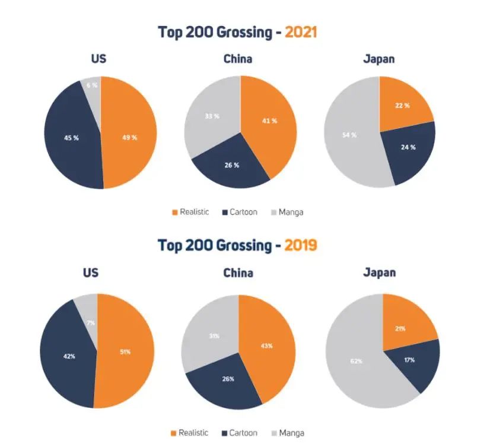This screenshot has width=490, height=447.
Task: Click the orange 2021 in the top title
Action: [x=301, y=32]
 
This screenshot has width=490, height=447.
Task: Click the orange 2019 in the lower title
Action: [x=300, y=245]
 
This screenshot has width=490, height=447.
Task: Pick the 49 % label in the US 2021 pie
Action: [x=129, y=138]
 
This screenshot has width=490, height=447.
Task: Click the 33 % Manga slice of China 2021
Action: [x=212, y=116]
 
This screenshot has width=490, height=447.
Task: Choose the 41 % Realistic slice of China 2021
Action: [x=271, y=121]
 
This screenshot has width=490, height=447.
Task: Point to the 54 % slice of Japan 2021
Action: [x=349, y=135]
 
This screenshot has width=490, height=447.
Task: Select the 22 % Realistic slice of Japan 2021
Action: [x=403, y=106]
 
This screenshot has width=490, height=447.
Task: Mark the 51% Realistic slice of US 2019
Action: [x=125, y=351]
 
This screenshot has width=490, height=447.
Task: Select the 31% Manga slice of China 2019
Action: [x=214, y=335]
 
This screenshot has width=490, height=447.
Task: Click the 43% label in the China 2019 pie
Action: [x=268, y=345]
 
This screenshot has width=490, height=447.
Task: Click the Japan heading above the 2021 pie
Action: [x=379, y=59]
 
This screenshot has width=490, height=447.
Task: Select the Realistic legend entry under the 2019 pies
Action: [x=190, y=433]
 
